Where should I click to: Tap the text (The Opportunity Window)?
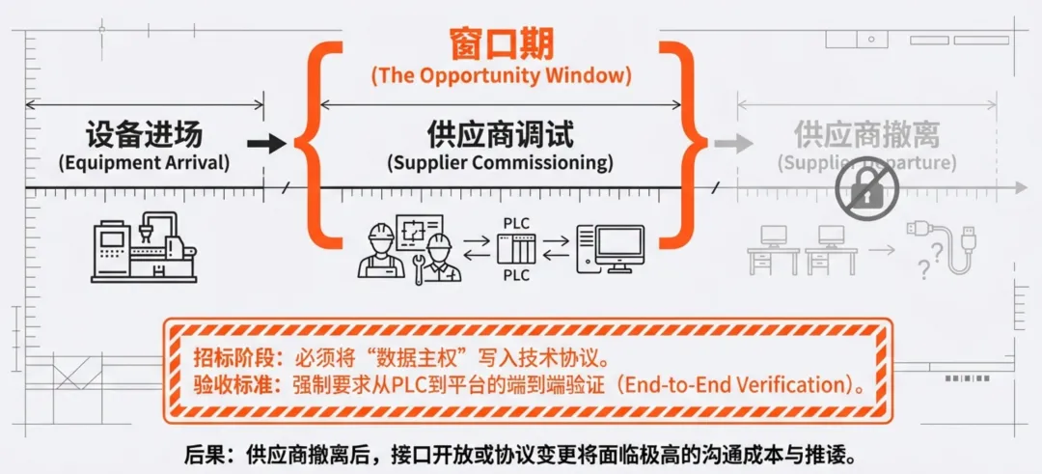501,75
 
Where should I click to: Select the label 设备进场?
144,135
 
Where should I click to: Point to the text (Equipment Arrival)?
144,162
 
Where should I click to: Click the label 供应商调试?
500,134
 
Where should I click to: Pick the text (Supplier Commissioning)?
500,162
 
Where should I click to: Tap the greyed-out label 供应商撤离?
866,134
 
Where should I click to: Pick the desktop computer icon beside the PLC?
610,249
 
